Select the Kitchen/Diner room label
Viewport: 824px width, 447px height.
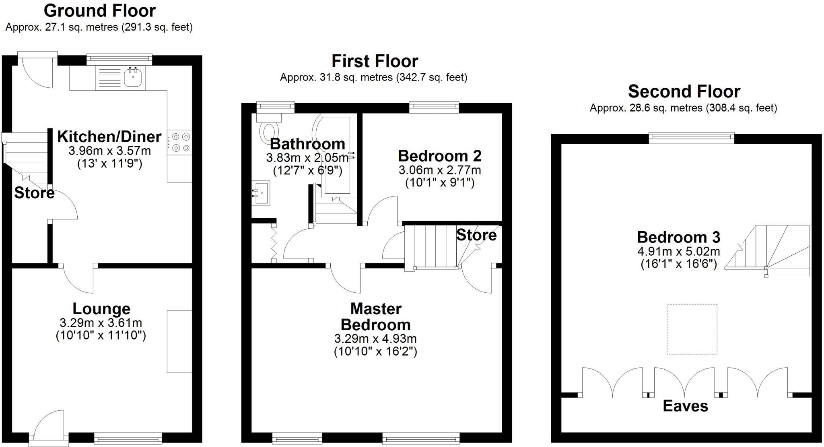pos(109,137)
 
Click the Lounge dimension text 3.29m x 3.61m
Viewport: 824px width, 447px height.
pos(101,323)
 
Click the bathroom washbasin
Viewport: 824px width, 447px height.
pos(260,193)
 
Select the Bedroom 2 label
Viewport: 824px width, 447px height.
pos(439,156)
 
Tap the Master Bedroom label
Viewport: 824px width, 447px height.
pos(375,317)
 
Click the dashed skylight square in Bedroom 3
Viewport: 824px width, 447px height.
pos(692,329)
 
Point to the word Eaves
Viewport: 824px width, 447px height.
pos(685,406)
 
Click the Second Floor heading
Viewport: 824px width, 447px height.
pos(684,92)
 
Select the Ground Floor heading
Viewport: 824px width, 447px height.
pos(99,11)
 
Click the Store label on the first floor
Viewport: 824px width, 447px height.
pos(476,235)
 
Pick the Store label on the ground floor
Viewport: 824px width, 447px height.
pos(34,193)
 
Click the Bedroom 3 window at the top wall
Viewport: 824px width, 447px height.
pos(691,138)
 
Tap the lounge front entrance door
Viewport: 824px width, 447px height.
pos(47,427)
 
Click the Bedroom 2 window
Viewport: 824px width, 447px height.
pos(434,107)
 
